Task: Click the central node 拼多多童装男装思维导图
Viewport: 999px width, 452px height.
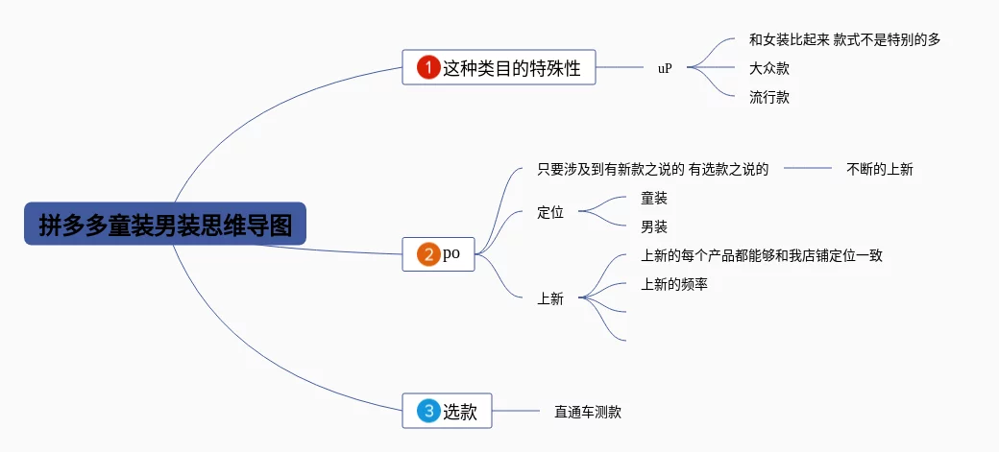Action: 164,225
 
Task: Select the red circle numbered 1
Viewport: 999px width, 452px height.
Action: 427,68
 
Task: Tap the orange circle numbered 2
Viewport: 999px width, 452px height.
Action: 427,254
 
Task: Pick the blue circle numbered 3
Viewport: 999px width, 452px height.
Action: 427,411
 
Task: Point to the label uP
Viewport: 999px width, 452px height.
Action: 665,68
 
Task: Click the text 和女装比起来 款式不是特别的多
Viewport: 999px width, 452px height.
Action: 844,39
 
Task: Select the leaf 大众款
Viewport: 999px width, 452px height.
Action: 769,68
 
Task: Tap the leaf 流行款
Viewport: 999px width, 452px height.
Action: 769,97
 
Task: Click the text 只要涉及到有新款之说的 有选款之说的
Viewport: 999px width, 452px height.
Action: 653,169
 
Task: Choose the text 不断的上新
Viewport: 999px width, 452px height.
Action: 879,169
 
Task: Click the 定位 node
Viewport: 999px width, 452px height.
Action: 550,212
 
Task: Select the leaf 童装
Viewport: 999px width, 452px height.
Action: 654,198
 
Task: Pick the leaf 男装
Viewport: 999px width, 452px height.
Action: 654,226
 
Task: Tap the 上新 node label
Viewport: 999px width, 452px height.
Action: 550,298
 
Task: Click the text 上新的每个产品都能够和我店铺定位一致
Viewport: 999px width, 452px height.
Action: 761,255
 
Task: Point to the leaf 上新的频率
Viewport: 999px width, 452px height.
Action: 674,284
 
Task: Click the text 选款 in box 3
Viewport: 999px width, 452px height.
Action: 459,411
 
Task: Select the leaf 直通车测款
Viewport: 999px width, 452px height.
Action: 588,412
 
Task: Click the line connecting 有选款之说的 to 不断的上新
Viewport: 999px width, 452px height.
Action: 807,169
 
